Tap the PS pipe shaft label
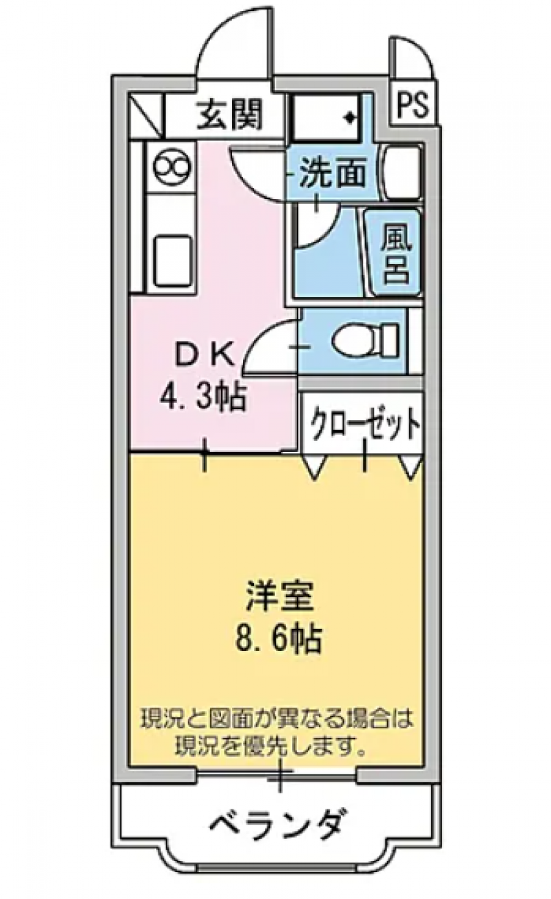[x=413, y=105]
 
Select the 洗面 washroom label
[x=333, y=173]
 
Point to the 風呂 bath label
[x=396, y=254]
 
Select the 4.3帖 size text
[x=202, y=397]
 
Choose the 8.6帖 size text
[x=278, y=638]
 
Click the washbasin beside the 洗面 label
[x=402, y=173]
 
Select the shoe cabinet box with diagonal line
[x=147, y=115]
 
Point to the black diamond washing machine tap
[x=350, y=117]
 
